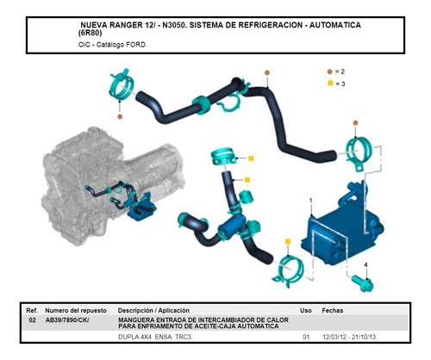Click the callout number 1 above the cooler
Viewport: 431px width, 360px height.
[310, 200]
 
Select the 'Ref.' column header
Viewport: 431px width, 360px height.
[31, 308]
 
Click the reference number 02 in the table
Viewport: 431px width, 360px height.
[31, 320]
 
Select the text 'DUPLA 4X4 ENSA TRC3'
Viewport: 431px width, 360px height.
[155, 337]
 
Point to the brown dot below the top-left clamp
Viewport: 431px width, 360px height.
[119, 115]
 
